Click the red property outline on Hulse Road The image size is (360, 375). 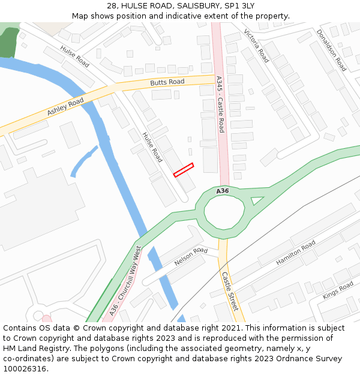pyautogui.click(x=184, y=170)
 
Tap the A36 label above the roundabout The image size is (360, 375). pyautogui.click(x=223, y=191)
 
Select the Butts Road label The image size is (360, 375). pyautogui.click(x=167, y=82)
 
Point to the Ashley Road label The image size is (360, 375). pyautogui.click(x=65, y=107)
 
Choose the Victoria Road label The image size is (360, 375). pyautogui.click(x=256, y=45)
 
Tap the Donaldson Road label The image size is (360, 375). pyautogui.click(x=331, y=50)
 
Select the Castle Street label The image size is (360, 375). pyautogui.click(x=230, y=291)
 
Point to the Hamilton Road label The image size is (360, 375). pyautogui.click(x=296, y=253)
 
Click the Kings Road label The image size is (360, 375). pyautogui.click(x=338, y=290)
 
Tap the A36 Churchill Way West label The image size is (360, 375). pyautogui.click(x=126, y=280)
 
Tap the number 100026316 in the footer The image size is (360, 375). pyautogui.click(x=25, y=368)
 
